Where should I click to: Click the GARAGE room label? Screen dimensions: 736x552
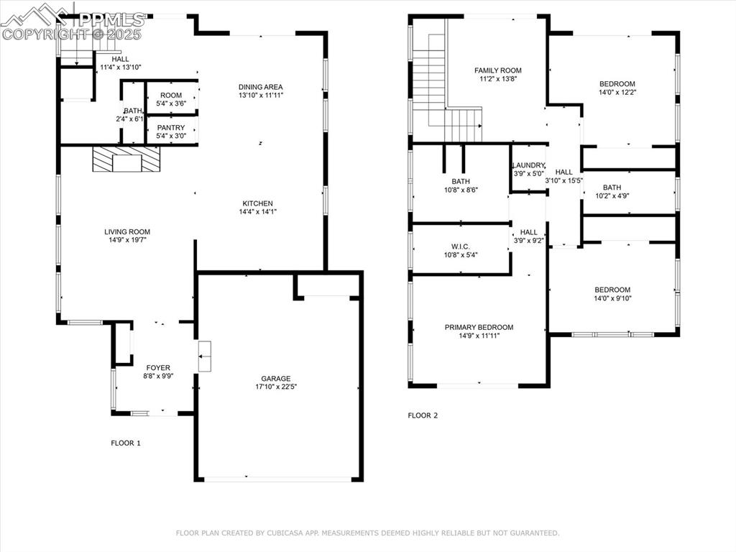(x=276, y=378)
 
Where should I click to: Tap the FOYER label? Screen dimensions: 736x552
(x=158, y=367)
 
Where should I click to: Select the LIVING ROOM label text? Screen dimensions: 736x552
(x=127, y=231)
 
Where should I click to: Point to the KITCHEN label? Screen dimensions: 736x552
(x=258, y=203)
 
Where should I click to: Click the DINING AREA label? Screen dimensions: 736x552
(x=260, y=87)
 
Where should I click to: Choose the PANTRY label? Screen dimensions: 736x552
(x=171, y=128)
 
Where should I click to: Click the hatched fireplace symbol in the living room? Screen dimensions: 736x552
(x=126, y=160)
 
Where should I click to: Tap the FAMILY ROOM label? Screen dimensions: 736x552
(x=498, y=70)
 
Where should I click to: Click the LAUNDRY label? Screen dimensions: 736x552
(x=528, y=165)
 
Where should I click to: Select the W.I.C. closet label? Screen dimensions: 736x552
(x=461, y=247)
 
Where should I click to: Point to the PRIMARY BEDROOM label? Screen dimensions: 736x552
(x=479, y=327)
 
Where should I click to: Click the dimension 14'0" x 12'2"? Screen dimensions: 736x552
(x=617, y=93)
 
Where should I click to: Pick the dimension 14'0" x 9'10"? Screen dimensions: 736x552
(x=612, y=298)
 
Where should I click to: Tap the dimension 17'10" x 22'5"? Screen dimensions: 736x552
(x=276, y=387)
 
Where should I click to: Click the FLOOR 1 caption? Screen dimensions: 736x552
(x=126, y=443)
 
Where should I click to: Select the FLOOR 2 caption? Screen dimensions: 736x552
(x=423, y=415)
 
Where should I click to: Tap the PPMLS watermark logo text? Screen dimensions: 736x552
(x=111, y=19)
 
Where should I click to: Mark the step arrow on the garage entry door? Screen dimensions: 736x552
(x=204, y=356)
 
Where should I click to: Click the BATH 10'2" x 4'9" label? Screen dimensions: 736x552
(x=612, y=191)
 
